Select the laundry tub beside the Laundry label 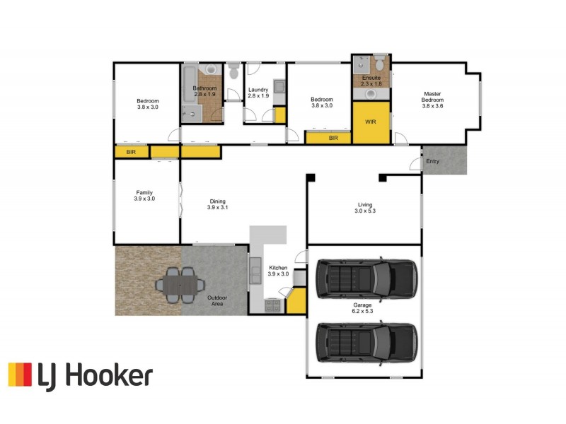coord(279,88)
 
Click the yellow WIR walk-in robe coord(371,122)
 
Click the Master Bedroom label coord(432,97)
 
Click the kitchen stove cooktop coord(272,305)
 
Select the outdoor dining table coord(180,284)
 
